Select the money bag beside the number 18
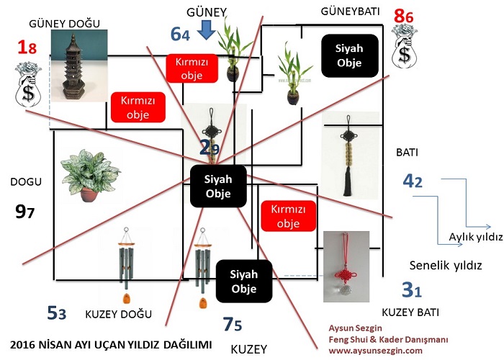pos(28,82)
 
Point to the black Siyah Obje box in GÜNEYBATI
pos(349,55)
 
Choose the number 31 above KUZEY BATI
pos(411,290)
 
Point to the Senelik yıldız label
pos(445,264)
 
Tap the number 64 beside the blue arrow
pos(180,33)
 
